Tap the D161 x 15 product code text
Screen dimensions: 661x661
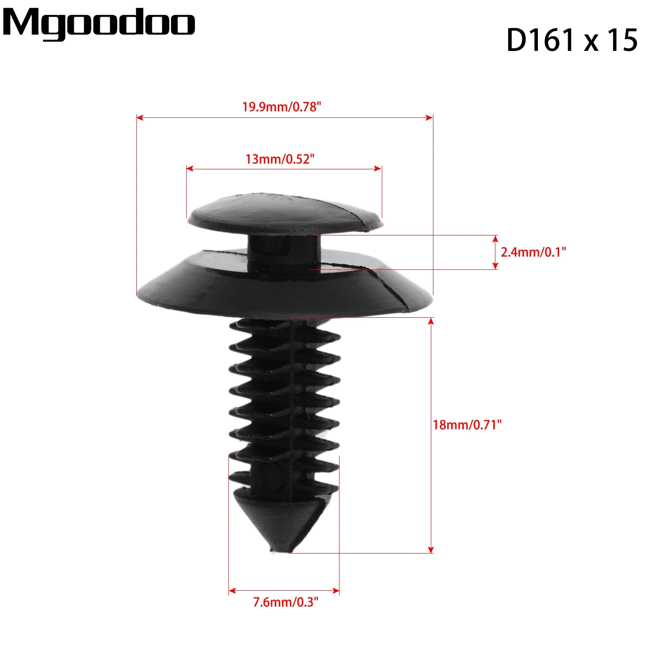(x=572, y=40)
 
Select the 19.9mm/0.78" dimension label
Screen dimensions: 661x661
(x=282, y=107)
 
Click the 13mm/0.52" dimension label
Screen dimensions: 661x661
(x=280, y=159)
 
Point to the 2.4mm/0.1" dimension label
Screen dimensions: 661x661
(x=533, y=252)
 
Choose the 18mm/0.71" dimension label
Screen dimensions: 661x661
(x=467, y=425)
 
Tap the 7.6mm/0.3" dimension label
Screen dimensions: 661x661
(x=286, y=602)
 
